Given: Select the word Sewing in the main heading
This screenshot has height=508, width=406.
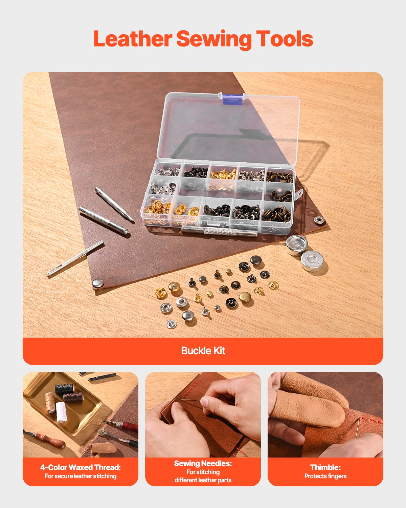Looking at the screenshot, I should click(x=213, y=39).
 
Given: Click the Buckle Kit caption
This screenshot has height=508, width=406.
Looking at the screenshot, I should click(x=203, y=351).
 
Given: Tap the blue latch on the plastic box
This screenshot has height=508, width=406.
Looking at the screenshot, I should click(x=232, y=99).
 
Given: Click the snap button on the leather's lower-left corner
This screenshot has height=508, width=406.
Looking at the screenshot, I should click(x=98, y=283).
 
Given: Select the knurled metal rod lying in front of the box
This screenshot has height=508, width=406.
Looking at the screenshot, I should click(x=219, y=232).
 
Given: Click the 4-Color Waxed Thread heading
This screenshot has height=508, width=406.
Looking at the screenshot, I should click(x=81, y=467).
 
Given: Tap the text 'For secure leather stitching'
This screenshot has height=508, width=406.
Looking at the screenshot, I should click(x=81, y=476).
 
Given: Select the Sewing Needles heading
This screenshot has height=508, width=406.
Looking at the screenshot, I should click(x=203, y=463).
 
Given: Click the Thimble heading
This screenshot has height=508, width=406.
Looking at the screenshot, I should click(x=325, y=467).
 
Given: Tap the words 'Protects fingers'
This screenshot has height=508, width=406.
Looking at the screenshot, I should click(x=325, y=476).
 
